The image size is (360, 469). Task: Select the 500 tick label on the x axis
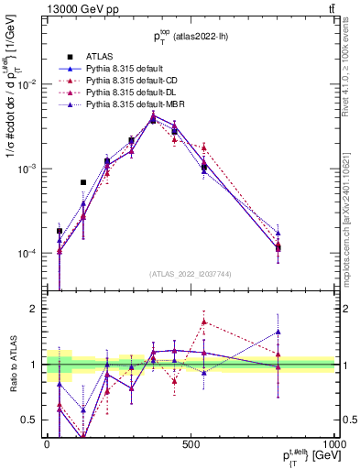click(x=191, y=444)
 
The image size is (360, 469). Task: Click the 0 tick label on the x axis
click(x=47, y=444)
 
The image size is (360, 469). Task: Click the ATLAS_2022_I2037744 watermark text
click(x=190, y=274)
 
